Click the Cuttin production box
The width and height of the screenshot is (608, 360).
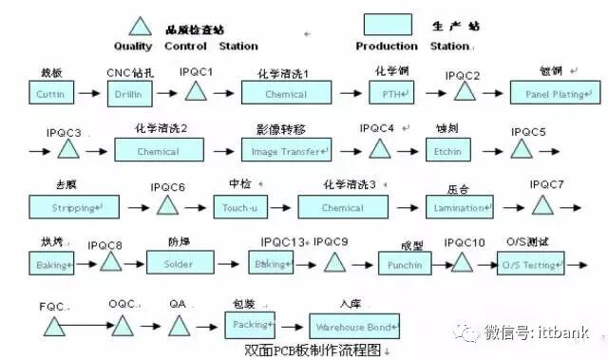click(x=50, y=94)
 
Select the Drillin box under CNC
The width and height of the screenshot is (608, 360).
click(x=128, y=94)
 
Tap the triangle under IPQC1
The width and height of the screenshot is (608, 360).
click(x=196, y=92)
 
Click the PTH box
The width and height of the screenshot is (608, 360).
click(x=392, y=93)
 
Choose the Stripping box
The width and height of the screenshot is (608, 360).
click(x=73, y=206)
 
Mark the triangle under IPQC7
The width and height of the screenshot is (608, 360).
click(x=542, y=205)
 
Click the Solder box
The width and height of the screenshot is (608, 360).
click(x=185, y=262)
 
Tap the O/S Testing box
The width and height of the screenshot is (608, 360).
click(x=530, y=263)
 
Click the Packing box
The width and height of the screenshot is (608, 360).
click(x=249, y=322)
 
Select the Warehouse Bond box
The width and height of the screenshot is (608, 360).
click(x=357, y=322)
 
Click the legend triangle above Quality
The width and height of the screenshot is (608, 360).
click(x=142, y=28)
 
